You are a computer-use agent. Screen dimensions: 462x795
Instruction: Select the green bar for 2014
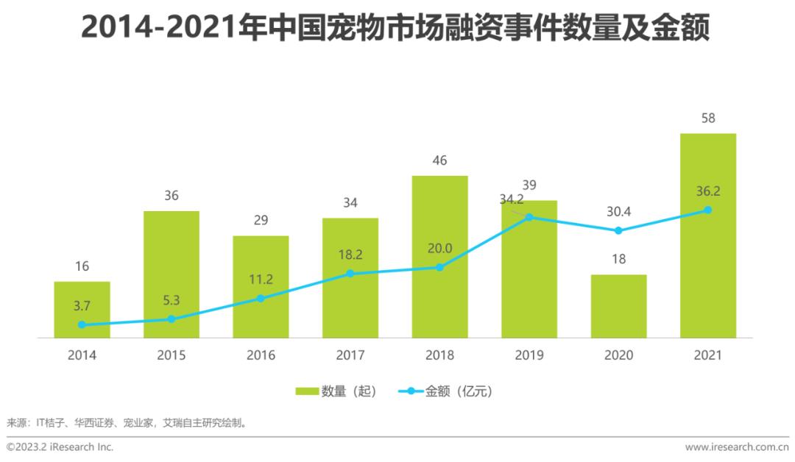pos(82,310)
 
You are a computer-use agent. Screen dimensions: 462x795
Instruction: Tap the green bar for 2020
pos(618,306)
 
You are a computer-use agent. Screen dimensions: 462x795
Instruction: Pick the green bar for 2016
pos(261,287)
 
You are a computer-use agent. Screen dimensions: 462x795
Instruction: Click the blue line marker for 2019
pos(529,218)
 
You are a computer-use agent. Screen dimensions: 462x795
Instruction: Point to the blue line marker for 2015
pos(171,319)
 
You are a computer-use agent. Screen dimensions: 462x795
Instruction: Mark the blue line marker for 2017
pos(350,274)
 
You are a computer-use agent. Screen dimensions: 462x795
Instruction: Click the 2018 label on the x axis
pos(439,355)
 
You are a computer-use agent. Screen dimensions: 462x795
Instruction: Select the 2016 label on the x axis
pos(261,355)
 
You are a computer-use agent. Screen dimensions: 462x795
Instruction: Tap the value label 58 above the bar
pos(708,118)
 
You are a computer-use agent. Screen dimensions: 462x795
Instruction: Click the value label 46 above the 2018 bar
pos(439,160)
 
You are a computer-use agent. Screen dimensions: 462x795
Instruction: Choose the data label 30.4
pos(618,211)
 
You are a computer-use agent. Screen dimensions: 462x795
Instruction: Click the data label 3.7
pos(82,306)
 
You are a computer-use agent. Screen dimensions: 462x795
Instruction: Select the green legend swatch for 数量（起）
pos(306,391)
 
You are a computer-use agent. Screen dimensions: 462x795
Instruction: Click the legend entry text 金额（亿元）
pos(458,391)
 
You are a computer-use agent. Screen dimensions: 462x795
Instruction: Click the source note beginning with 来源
pos(126,423)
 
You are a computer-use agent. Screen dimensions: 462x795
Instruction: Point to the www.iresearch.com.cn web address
pos(737,447)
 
